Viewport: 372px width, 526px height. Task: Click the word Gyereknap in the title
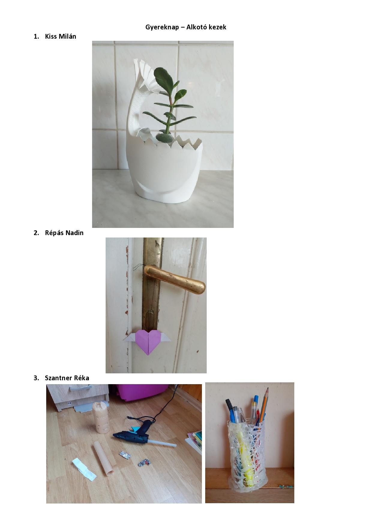[162, 27]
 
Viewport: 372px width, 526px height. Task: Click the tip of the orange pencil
[267, 388]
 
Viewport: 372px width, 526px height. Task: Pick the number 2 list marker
[36, 233]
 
